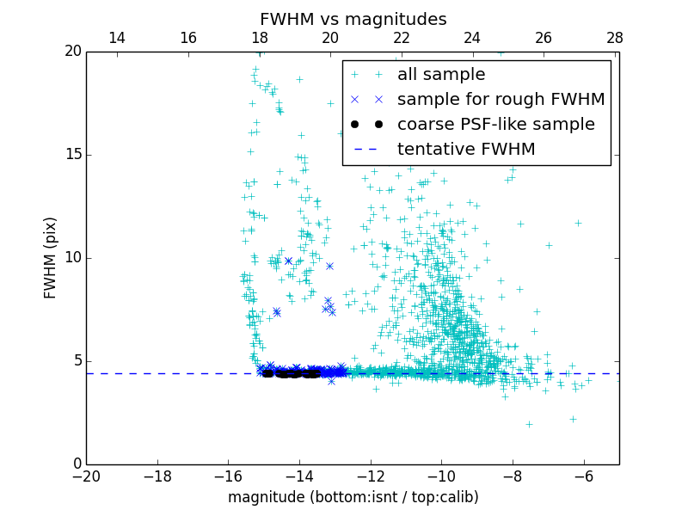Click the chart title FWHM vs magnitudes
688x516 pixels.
pyautogui.click(x=353, y=19)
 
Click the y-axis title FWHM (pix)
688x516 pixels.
pyautogui.click(x=51, y=257)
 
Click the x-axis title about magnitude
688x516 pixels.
pyautogui.click(x=353, y=497)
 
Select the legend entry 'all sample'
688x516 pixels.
pyautogui.click(x=440, y=75)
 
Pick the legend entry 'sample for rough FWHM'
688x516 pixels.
pyautogui.click(x=501, y=100)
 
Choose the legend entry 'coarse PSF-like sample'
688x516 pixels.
pyautogui.click(x=495, y=125)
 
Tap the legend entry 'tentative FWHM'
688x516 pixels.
pyautogui.click(x=466, y=150)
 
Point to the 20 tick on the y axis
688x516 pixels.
pyautogui.click(x=72, y=52)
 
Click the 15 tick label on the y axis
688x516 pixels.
pyautogui.click(x=72, y=155)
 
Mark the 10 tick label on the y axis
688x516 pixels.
pyautogui.click(x=72, y=258)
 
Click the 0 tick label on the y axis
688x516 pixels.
pyautogui.click(x=77, y=464)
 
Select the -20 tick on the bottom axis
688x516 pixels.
pyautogui.click(x=86, y=476)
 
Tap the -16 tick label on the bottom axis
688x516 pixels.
pyautogui.click(x=228, y=476)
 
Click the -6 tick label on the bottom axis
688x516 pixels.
pyautogui.click(x=583, y=476)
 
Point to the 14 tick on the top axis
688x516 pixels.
pyautogui.click(x=117, y=38)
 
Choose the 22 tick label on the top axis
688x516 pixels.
pyautogui.click(x=401, y=38)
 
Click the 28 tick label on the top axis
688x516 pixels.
pyautogui.click(x=614, y=38)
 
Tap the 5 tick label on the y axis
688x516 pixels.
pyautogui.click(x=77, y=361)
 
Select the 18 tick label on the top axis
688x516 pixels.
pyautogui.click(x=259, y=38)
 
